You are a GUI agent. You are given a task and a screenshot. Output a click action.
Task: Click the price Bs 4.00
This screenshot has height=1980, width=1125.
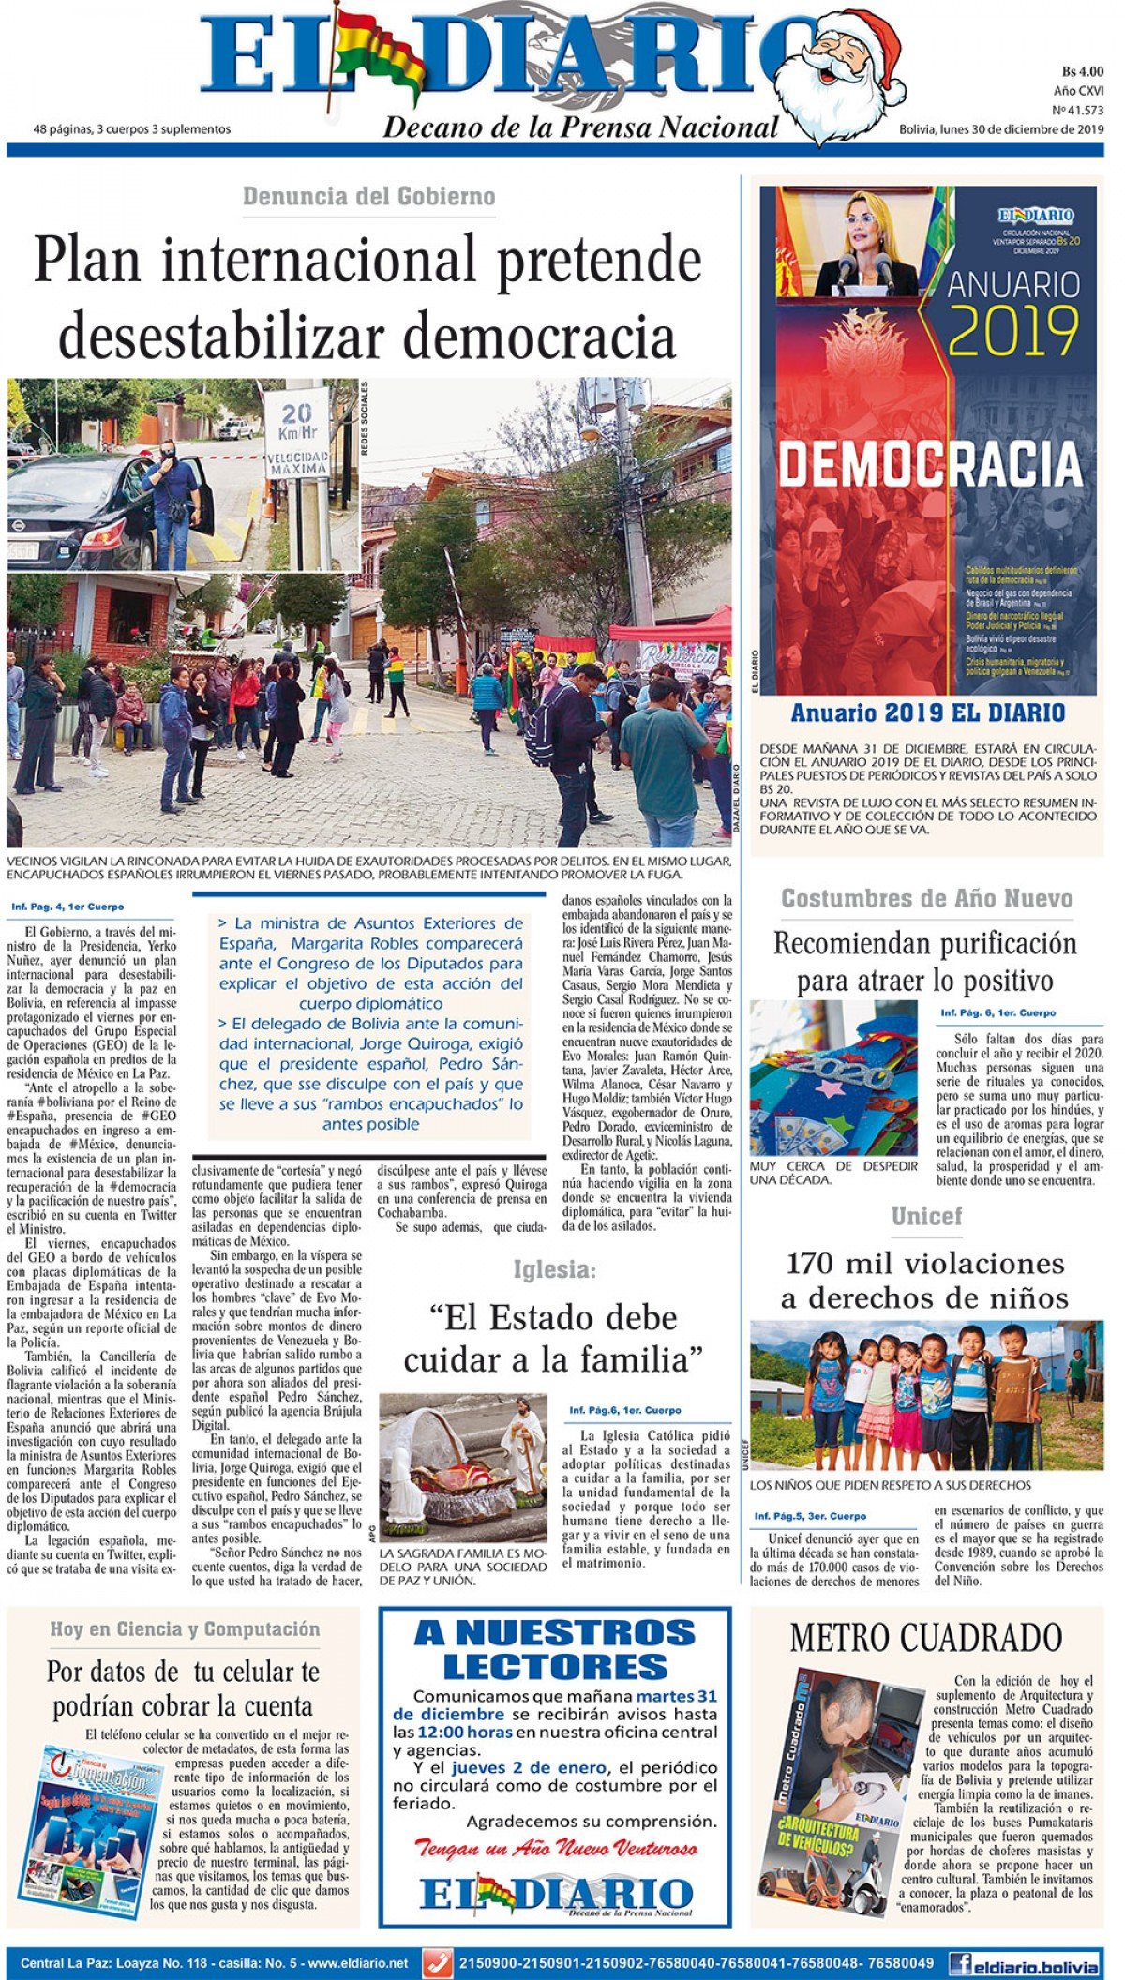pyautogui.click(x=1082, y=71)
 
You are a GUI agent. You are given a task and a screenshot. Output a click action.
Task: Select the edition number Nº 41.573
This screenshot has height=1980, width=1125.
pyautogui.click(x=1077, y=110)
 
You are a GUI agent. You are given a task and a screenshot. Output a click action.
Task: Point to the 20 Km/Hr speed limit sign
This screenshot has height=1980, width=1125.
pyautogui.click(x=296, y=432)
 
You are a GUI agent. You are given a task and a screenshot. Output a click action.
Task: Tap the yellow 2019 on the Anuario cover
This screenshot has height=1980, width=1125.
pyautogui.click(x=1013, y=333)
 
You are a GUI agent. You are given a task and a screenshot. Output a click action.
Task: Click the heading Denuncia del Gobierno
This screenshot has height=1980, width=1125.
pyautogui.click(x=368, y=197)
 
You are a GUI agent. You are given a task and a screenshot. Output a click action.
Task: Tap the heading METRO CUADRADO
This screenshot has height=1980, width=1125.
pyautogui.click(x=925, y=1638)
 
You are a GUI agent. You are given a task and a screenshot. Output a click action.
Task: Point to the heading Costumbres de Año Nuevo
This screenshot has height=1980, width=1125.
pyautogui.click(x=926, y=898)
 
